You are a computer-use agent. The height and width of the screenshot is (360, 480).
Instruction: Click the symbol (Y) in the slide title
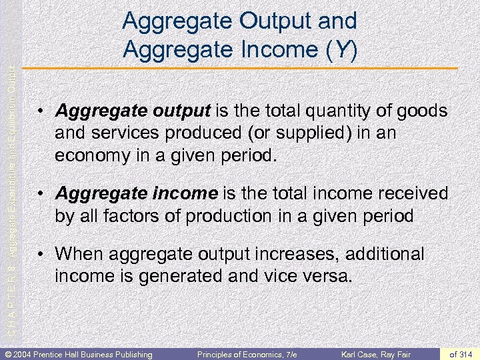(341, 49)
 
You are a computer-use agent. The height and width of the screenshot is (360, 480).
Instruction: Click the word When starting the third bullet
(81, 254)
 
